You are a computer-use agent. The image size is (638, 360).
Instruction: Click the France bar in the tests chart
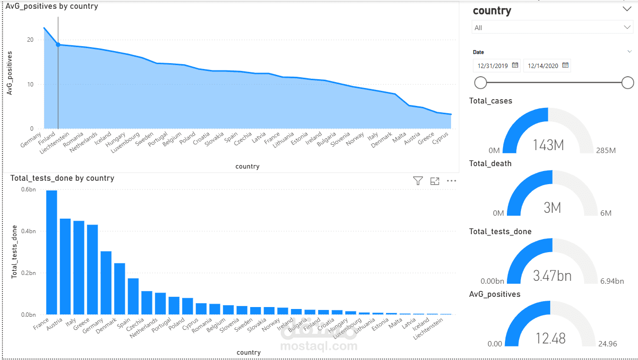click(x=51, y=253)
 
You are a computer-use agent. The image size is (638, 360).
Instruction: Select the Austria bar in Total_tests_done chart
click(x=65, y=267)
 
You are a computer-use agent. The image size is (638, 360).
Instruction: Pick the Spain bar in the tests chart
click(x=133, y=296)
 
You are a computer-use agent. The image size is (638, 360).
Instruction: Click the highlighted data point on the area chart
click(x=58, y=45)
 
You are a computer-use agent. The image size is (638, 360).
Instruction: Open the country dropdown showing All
click(x=552, y=28)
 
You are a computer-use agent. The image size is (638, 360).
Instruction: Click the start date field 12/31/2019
click(x=492, y=66)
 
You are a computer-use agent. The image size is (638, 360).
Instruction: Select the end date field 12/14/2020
click(x=543, y=66)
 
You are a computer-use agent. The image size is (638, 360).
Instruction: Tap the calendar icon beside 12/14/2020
click(x=565, y=65)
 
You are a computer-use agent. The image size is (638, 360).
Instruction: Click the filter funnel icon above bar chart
click(x=418, y=181)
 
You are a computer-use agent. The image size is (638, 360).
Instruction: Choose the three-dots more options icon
click(x=452, y=181)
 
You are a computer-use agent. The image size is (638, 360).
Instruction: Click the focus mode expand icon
click(x=435, y=181)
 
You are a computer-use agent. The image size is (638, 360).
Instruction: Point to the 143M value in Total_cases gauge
click(x=548, y=145)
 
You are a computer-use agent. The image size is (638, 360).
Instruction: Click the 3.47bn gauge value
click(x=552, y=276)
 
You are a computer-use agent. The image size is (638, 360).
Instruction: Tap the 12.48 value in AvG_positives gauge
click(x=551, y=338)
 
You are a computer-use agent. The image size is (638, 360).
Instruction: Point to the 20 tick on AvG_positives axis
click(x=30, y=40)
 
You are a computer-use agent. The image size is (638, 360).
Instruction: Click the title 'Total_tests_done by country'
click(x=62, y=178)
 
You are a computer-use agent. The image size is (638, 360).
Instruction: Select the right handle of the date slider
click(x=628, y=83)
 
